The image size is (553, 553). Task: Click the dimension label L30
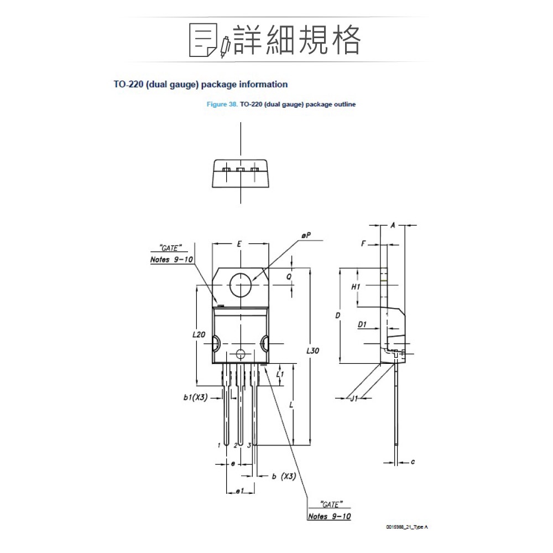tap(313, 351)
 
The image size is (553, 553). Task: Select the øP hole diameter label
tap(306, 235)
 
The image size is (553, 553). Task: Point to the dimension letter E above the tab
tap(239, 243)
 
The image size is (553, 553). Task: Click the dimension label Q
tap(289, 276)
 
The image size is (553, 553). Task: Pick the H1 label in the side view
tap(356, 287)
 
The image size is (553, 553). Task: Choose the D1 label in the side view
tap(362, 325)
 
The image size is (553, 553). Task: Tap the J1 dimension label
tap(354, 398)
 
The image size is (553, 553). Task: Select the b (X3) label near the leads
tap(284, 476)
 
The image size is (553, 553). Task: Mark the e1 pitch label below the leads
tap(239, 491)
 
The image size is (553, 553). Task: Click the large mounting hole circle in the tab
tap(241, 286)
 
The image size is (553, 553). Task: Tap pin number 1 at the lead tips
tap(220, 445)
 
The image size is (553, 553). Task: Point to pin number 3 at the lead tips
tap(249, 445)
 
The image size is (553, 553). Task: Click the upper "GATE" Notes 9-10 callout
tap(171, 254)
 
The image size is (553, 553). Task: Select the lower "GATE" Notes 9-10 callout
tap(329, 510)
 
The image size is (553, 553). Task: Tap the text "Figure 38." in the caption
tap(222, 104)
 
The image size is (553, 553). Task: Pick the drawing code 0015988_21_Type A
tap(407, 528)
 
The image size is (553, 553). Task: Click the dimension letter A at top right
tap(392, 225)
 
